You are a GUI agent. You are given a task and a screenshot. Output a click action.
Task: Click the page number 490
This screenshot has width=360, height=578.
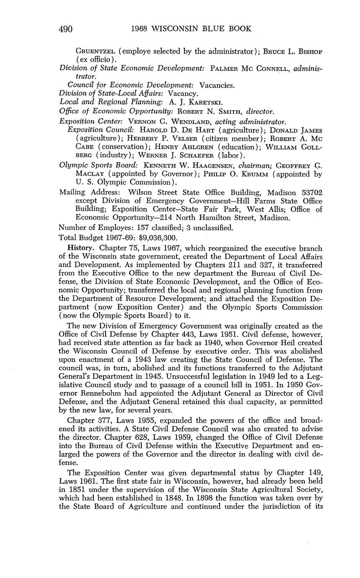pyautogui.click(x=66, y=29)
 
